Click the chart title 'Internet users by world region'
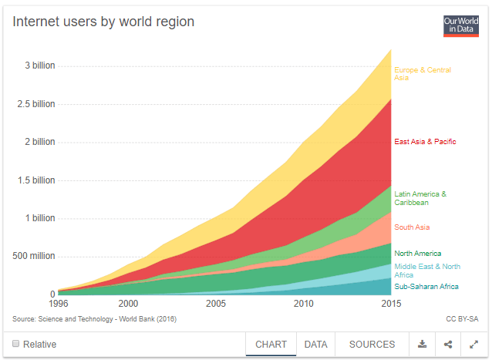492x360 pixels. pos(103,22)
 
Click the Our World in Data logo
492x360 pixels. pos(461,25)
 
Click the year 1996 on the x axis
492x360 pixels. pos(57,304)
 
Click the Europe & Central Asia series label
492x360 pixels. pos(422,74)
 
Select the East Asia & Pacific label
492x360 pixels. pos(425,142)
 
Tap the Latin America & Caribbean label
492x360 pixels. pos(420,198)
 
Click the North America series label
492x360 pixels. pos(418,254)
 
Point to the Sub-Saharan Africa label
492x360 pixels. pos(426,287)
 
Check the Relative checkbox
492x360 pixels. pos(15,344)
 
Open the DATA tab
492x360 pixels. pos(316,344)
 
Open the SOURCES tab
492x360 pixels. pos(372,344)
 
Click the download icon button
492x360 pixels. pos(423,344)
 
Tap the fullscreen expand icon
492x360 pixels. pos(473,344)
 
